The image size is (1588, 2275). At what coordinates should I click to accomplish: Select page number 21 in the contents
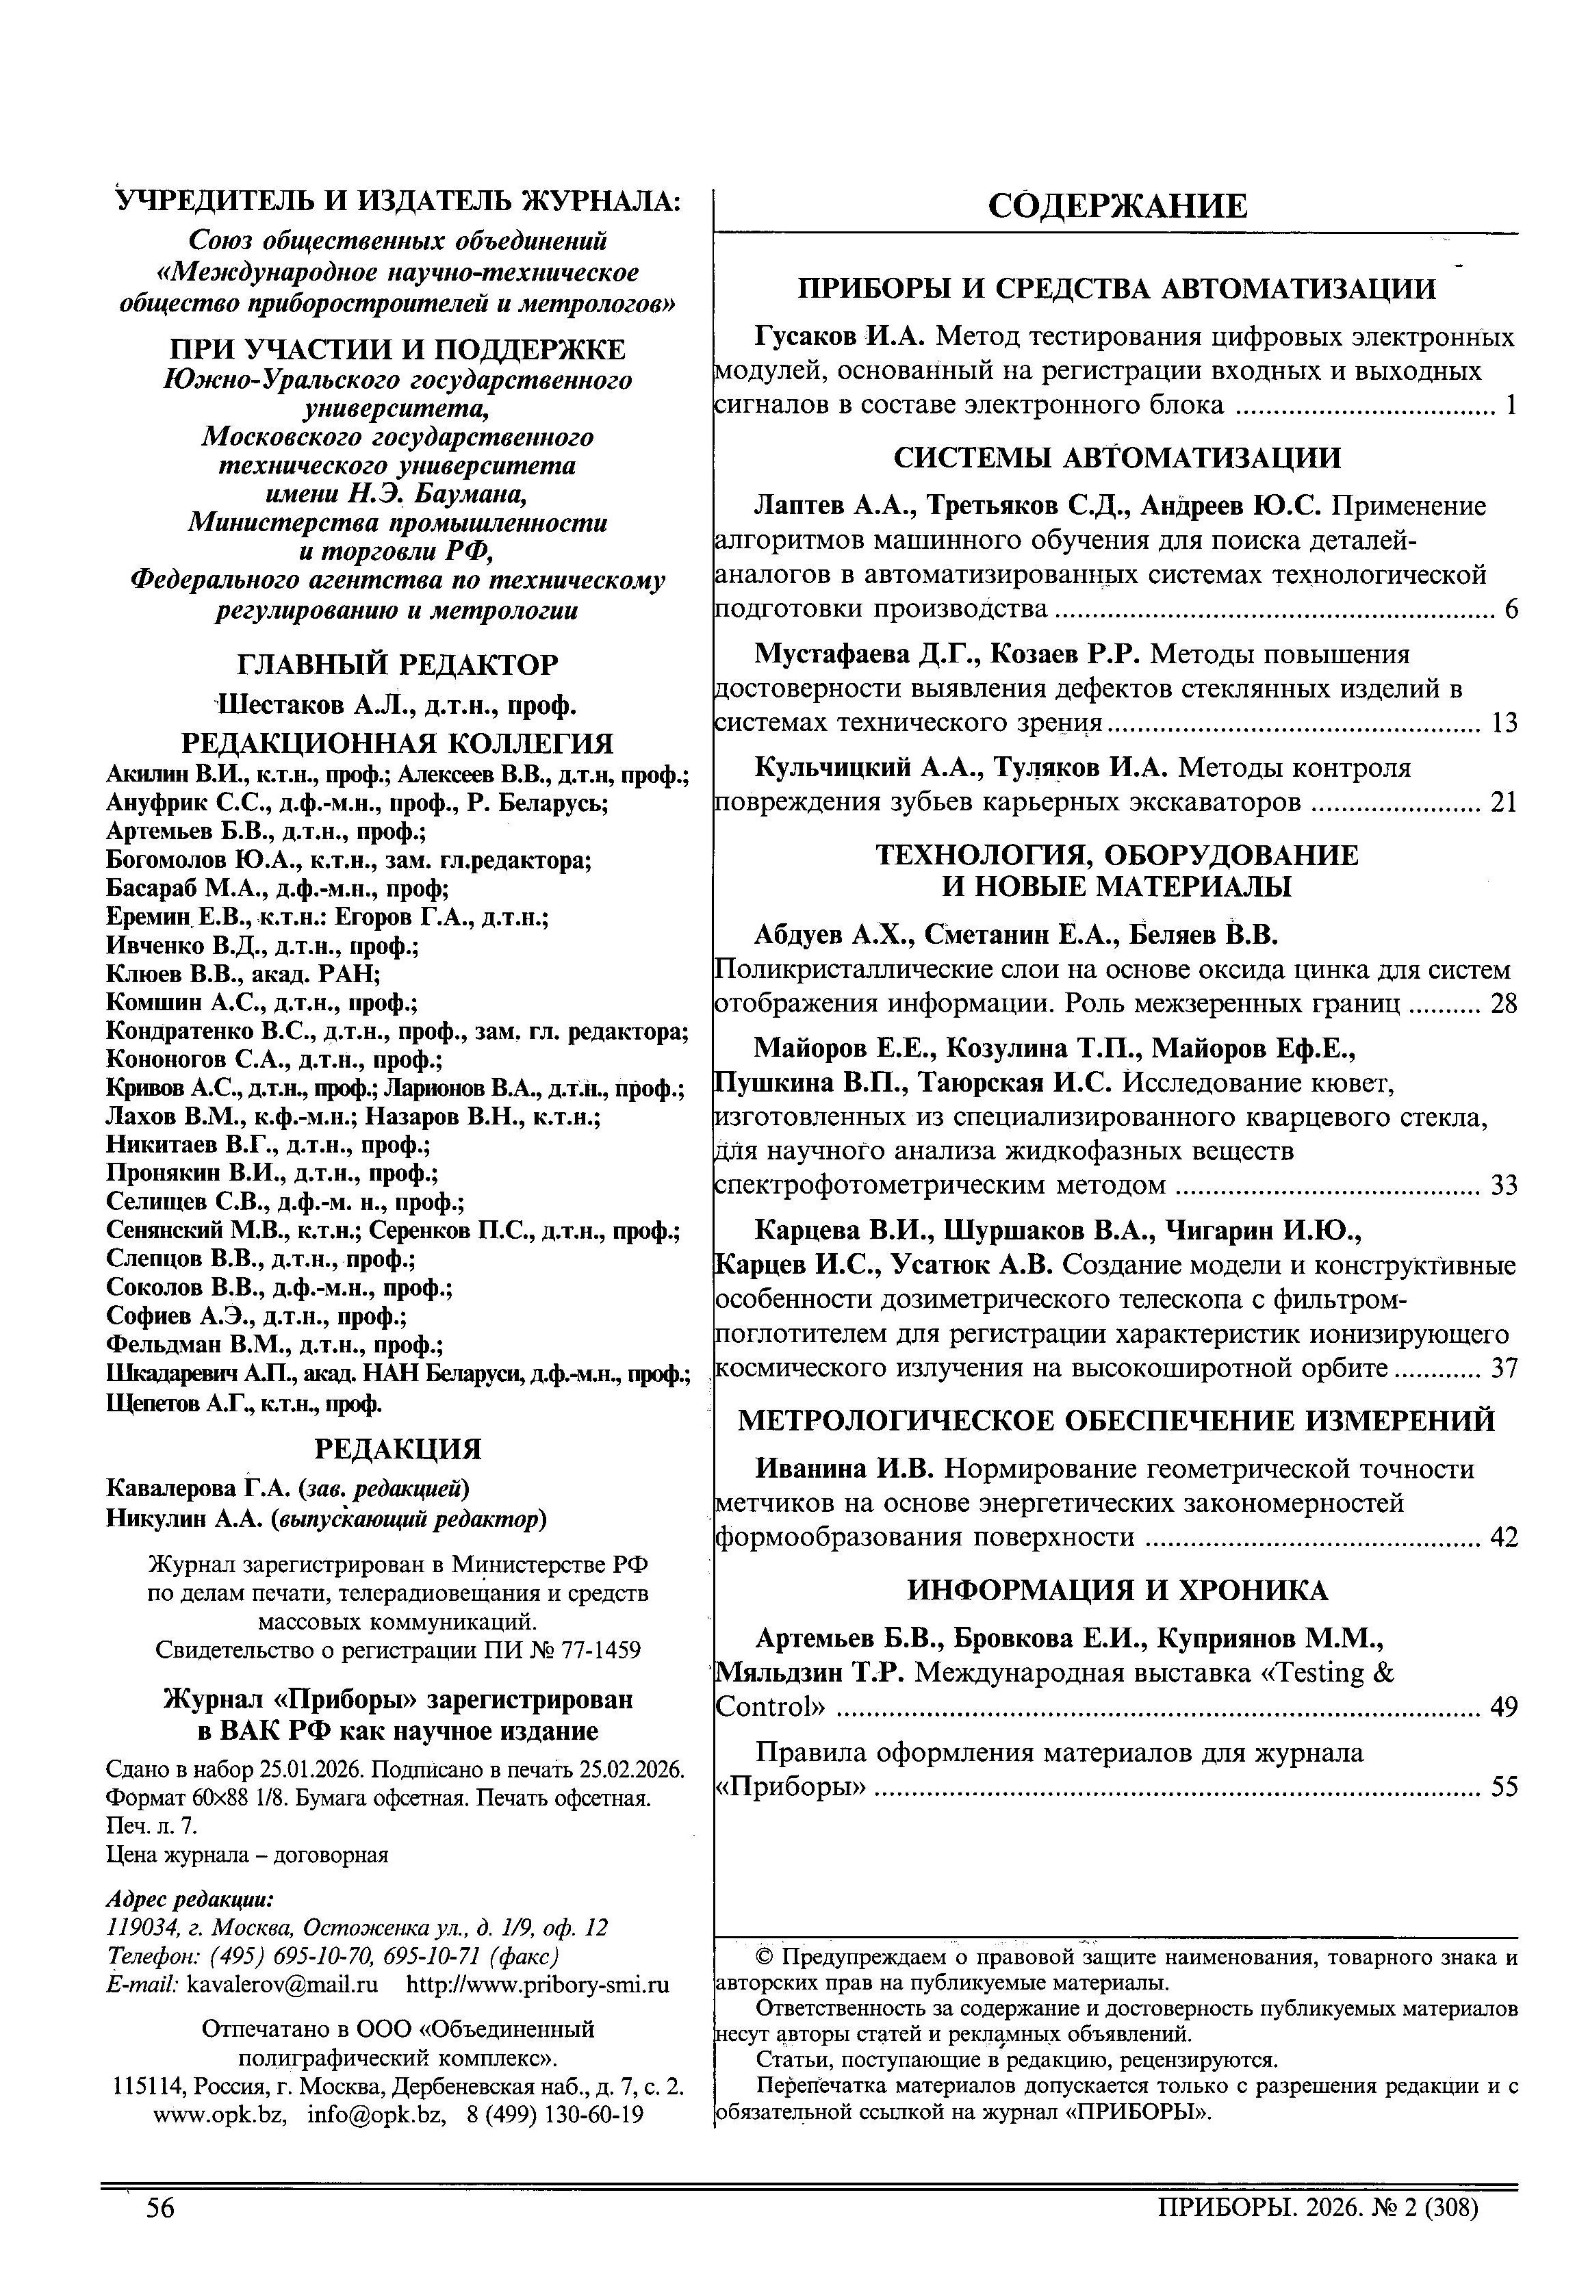point(1503,803)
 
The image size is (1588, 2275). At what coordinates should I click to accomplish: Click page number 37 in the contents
point(1503,1368)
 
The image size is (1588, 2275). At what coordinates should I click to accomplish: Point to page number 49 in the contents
point(1503,1707)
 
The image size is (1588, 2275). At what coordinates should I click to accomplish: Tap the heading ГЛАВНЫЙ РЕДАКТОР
point(397,664)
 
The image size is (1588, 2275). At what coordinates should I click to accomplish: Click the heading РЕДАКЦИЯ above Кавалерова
point(397,1450)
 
